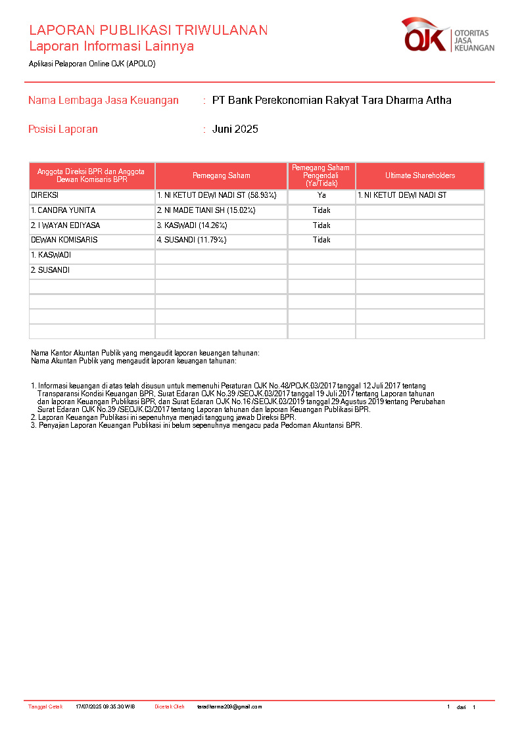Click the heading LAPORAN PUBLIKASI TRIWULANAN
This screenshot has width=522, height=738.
point(148,30)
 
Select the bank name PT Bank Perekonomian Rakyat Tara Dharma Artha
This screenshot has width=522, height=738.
point(331,101)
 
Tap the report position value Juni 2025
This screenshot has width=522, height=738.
point(235,129)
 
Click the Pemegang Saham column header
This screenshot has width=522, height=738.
point(221,176)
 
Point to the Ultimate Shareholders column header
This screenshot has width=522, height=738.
point(419,176)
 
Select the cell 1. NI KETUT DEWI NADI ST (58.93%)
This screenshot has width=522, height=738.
point(216,196)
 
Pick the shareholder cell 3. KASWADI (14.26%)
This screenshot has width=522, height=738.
point(192,225)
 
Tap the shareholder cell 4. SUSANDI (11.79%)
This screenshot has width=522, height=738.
point(191,241)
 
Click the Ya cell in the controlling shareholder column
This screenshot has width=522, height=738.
point(321,196)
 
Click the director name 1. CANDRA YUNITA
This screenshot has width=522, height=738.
point(63,211)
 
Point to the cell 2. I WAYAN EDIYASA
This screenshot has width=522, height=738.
point(65,225)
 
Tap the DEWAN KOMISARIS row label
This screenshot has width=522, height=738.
point(64,241)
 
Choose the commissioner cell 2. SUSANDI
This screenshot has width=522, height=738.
point(50,270)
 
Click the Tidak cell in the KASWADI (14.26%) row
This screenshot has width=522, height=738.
point(321,225)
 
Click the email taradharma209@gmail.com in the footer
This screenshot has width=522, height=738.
point(229,707)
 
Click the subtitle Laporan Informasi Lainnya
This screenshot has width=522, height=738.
point(111,47)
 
